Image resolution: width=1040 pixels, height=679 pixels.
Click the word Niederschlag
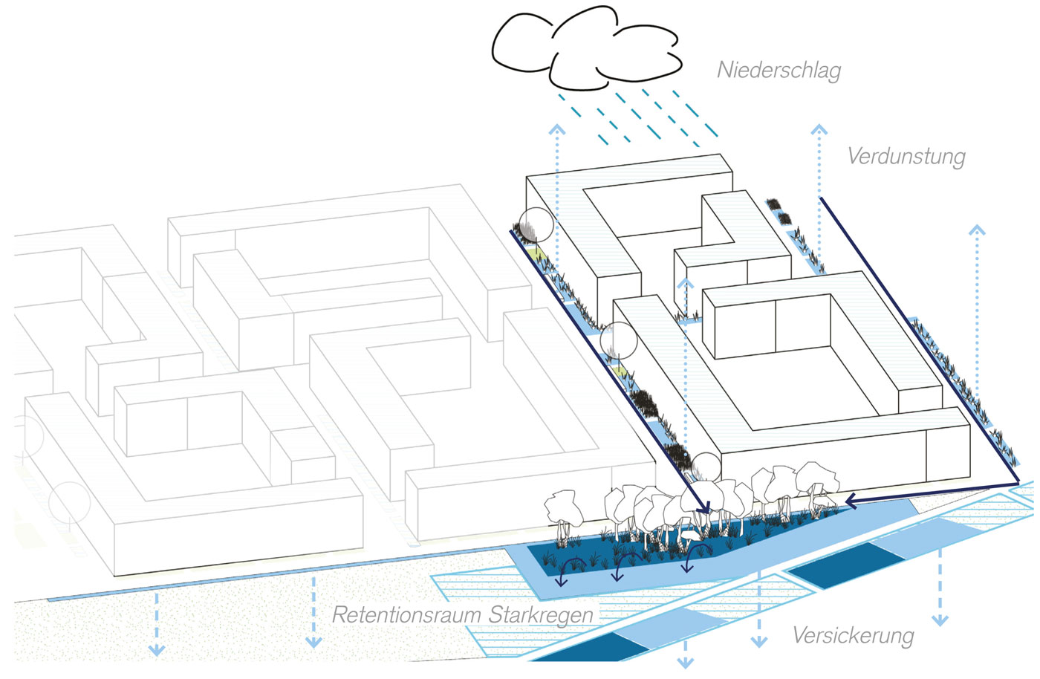point(779,71)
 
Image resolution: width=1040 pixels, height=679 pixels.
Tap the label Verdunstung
point(906,157)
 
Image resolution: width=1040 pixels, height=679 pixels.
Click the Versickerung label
point(853,636)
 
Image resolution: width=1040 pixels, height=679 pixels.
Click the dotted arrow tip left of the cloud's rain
point(557,130)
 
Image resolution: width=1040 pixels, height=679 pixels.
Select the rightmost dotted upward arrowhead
point(977,230)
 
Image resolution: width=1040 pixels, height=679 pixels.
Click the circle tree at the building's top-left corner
point(536,224)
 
